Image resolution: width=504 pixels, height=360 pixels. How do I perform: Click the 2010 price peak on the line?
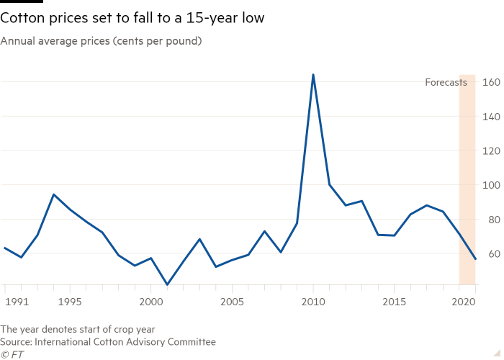click(x=313, y=74)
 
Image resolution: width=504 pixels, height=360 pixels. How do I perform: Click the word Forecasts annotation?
click(x=446, y=83)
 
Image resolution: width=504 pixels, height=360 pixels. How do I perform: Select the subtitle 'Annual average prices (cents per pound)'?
click(x=101, y=41)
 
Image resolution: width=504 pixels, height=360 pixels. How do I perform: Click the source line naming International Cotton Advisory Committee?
click(x=108, y=342)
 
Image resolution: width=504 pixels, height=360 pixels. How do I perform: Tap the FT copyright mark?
click(x=12, y=354)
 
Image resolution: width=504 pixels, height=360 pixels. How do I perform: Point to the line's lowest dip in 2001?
click(x=167, y=284)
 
